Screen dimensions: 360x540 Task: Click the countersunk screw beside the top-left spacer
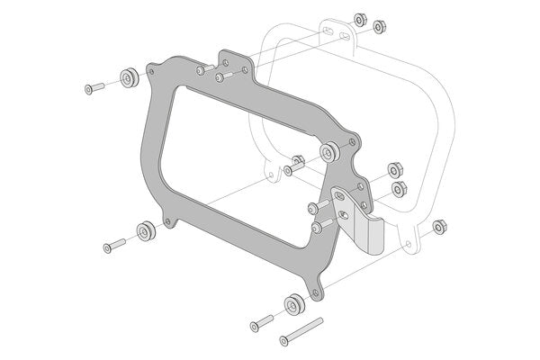click(92, 88)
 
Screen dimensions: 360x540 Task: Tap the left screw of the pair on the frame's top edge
click(205, 67)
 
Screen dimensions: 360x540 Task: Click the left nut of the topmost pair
click(360, 18)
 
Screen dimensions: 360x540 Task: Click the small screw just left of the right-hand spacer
click(293, 168)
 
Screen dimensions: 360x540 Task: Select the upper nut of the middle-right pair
click(393, 171)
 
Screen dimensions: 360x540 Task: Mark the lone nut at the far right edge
click(439, 225)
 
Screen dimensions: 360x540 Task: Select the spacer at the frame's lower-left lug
click(144, 231)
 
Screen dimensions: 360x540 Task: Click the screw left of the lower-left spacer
click(112, 245)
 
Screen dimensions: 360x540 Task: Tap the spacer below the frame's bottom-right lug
click(292, 304)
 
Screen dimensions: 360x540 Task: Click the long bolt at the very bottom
click(301, 331)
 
